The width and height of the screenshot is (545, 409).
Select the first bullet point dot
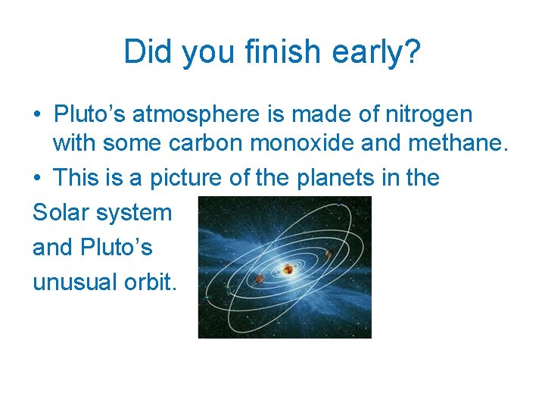(x=37, y=116)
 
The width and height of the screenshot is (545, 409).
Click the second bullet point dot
(x=37, y=179)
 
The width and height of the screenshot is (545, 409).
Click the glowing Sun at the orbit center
(x=288, y=269)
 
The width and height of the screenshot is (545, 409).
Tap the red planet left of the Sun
(x=259, y=279)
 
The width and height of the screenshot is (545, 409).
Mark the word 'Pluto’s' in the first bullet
(x=90, y=114)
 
